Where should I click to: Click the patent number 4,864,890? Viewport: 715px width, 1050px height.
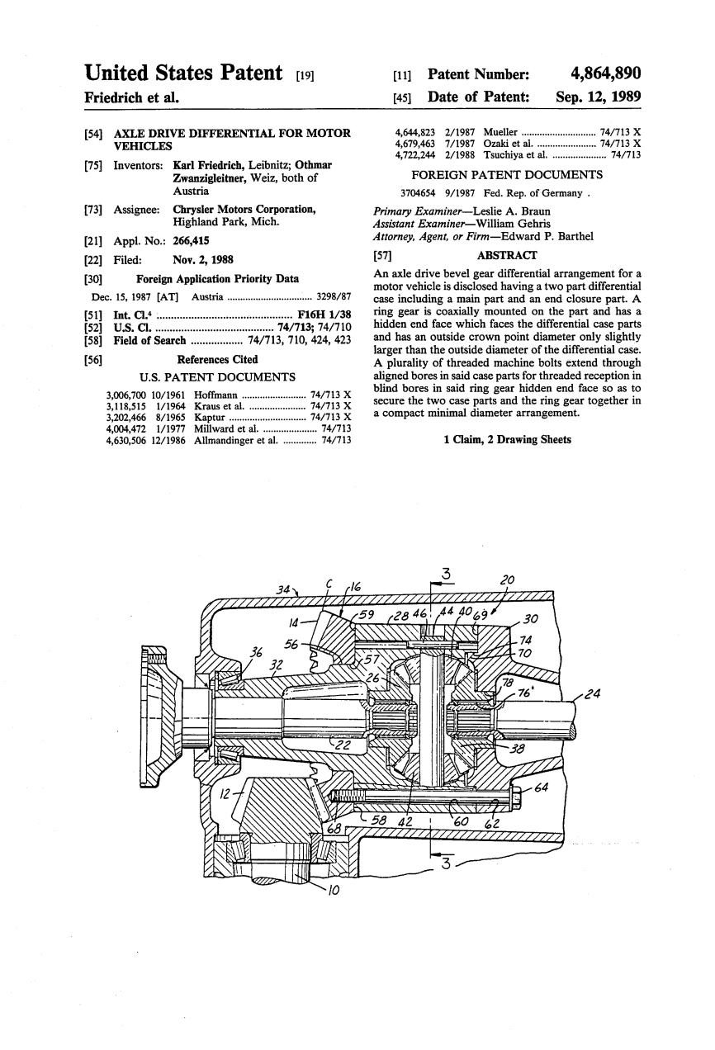click(606, 73)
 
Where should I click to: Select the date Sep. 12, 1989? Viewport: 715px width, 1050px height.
click(599, 97)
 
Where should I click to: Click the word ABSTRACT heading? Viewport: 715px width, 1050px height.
click(507, 255)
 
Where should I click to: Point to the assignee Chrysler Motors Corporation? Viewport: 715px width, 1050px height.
click(244, 209)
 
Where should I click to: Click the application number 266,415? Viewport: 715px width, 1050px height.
click(191, 241)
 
